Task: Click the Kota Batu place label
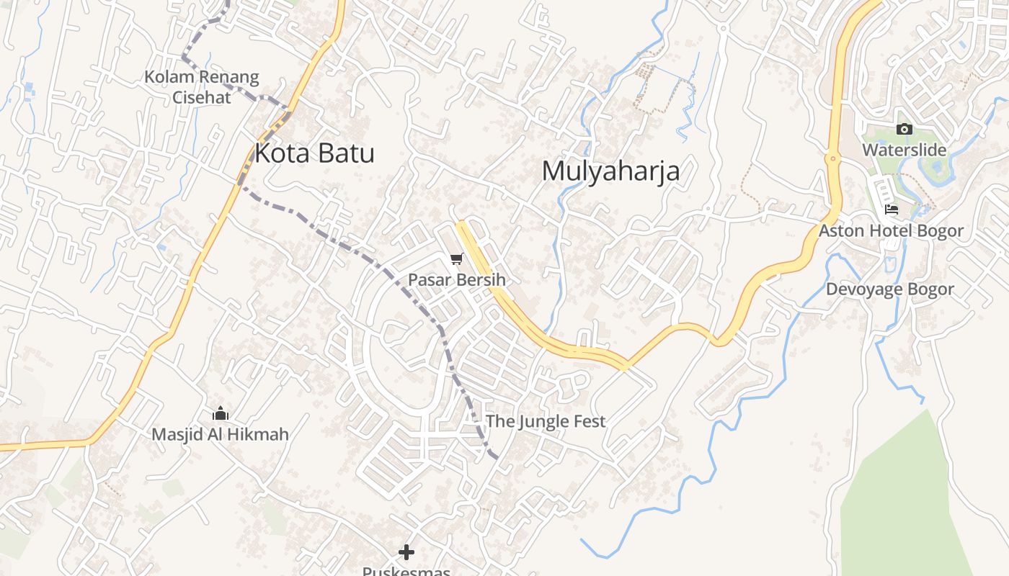point(314,153)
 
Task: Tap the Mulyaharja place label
point(610,171)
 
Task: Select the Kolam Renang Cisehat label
point(201,86)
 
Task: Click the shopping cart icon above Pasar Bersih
point(456,259)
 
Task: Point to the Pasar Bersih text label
point(456,279)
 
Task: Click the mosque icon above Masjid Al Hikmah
point(221,414)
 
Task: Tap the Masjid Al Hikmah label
point(220,434)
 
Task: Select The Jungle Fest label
point(546,421)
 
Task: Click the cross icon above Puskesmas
point(406,552)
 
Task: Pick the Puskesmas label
point(406,571)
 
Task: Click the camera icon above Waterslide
point(904,130)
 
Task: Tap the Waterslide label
point(904,150)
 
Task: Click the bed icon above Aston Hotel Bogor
point(892,210)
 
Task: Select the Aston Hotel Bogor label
point(891,230)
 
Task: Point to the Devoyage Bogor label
point(889,289)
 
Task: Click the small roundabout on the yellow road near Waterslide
point(832,158)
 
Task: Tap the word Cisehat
point(201,96)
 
